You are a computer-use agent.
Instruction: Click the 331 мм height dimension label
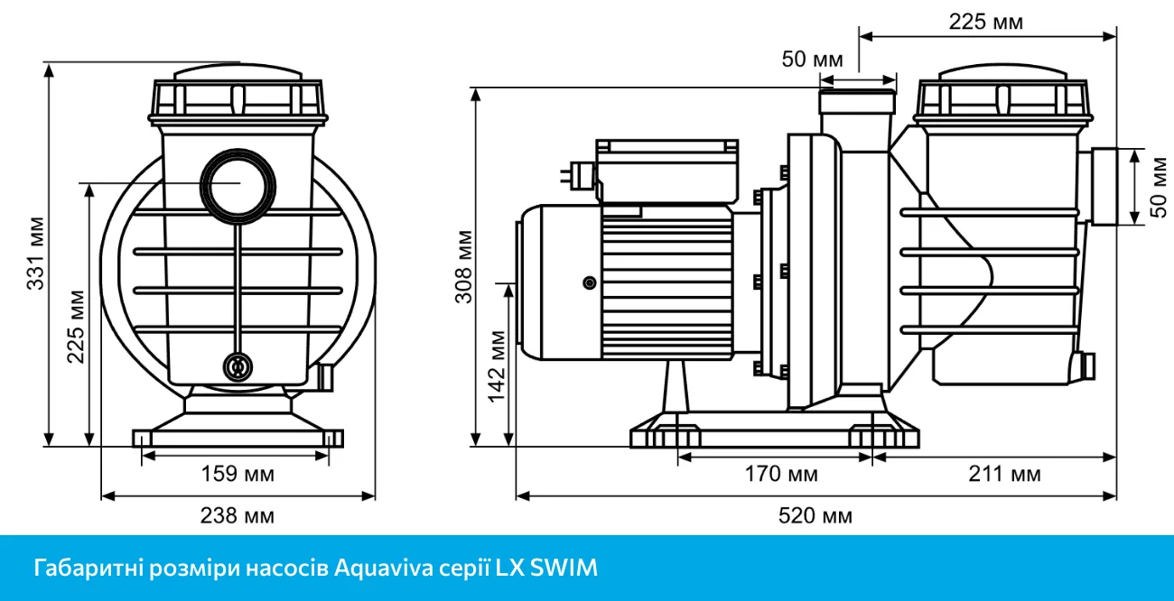pyautogui.click(x=35, y=254)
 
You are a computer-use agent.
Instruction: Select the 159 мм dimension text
pyautogui.click(x=238, y=473)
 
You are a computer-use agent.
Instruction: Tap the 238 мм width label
pyautogui.click(x=238, y=515)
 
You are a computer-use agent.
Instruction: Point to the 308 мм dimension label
pyautogui.click(x=463, y=267)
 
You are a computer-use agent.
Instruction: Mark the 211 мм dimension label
pyautogui.click(x=1003, y=474)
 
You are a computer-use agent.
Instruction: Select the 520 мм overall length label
pyautogui.click(x=815, y=516)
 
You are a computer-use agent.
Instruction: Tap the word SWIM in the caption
pyautogui.click(x=564, y=569)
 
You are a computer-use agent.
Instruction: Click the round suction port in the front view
pyautogui.click(x=239, y=183)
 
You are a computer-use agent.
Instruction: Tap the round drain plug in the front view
pyautogui.click(x=238, y=366)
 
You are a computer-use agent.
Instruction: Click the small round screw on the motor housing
pyautogui.click(x=590, y=284)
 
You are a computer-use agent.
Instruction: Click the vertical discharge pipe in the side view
pyautogui.click(x=858, y=113)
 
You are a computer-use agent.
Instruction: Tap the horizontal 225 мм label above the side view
pyautogui.click(x=986, y=22)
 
